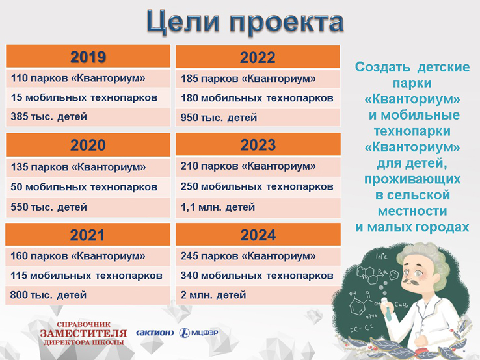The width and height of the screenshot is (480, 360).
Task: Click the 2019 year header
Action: click(x=88, y=57)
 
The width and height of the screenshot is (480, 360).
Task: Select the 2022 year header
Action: click(x=258, y=57)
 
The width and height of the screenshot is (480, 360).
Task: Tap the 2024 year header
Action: click(x=258, y=235)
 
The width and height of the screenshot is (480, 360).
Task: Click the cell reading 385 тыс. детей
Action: click(x=88, y=117)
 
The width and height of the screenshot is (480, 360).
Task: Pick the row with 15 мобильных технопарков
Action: click(x=88, y=97)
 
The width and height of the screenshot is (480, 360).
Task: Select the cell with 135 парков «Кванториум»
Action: click(x=88, y=167)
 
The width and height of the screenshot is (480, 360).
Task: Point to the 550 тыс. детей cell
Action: click(x=88, y=207)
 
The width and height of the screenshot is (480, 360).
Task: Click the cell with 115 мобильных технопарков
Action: click(x=88, y=276)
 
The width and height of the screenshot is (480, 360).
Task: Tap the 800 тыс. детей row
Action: click(x=88, y=295)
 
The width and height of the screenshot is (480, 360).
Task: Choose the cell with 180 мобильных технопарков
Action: click(x=258, y=98)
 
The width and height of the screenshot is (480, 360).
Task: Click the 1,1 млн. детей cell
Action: click(x=258, y=207)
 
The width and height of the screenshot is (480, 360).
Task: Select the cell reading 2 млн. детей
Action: click(x=258, y=295)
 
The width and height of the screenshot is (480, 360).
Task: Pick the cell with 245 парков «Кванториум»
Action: click(x=258, y=256)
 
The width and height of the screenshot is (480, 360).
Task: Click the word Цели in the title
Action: click(x=183, y=22)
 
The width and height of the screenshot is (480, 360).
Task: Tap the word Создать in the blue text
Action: click(x=382, y=67)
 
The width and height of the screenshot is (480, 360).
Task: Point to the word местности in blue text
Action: click(x=412, y=211)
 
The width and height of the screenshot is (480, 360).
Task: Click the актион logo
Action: click(x=155, y=333)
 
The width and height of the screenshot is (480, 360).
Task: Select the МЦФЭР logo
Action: click(x=198, y=333)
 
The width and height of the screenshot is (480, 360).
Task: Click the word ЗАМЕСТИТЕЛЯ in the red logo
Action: click(x=83, y=333)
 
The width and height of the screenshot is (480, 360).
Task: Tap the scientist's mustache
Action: click(x=411, y=282)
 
